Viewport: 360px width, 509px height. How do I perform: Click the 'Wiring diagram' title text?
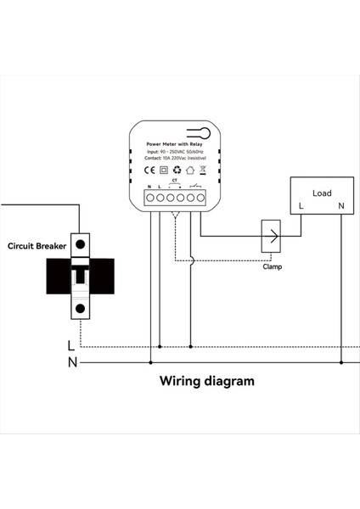click(x=207, y=381)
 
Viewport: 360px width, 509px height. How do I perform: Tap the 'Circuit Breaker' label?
click(x=37, y=246)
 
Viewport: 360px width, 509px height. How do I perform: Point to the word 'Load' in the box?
click(x=322, y=193)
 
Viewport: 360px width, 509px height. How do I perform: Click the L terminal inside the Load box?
click(x=301, y=206)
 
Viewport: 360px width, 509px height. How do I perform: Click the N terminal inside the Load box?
click(x=340, y=206)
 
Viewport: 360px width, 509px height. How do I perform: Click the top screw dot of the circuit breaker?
click(x=80, y=243)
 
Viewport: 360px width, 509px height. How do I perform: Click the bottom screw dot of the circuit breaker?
click(x=80, y=308)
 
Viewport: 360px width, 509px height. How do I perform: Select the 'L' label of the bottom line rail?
click(x=71, y=346)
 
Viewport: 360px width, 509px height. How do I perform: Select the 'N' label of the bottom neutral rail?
click(x=71, y=362)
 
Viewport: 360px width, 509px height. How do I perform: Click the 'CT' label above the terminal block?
click(x=174, y=180)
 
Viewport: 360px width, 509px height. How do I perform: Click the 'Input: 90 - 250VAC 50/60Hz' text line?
click(x=175, y=151)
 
